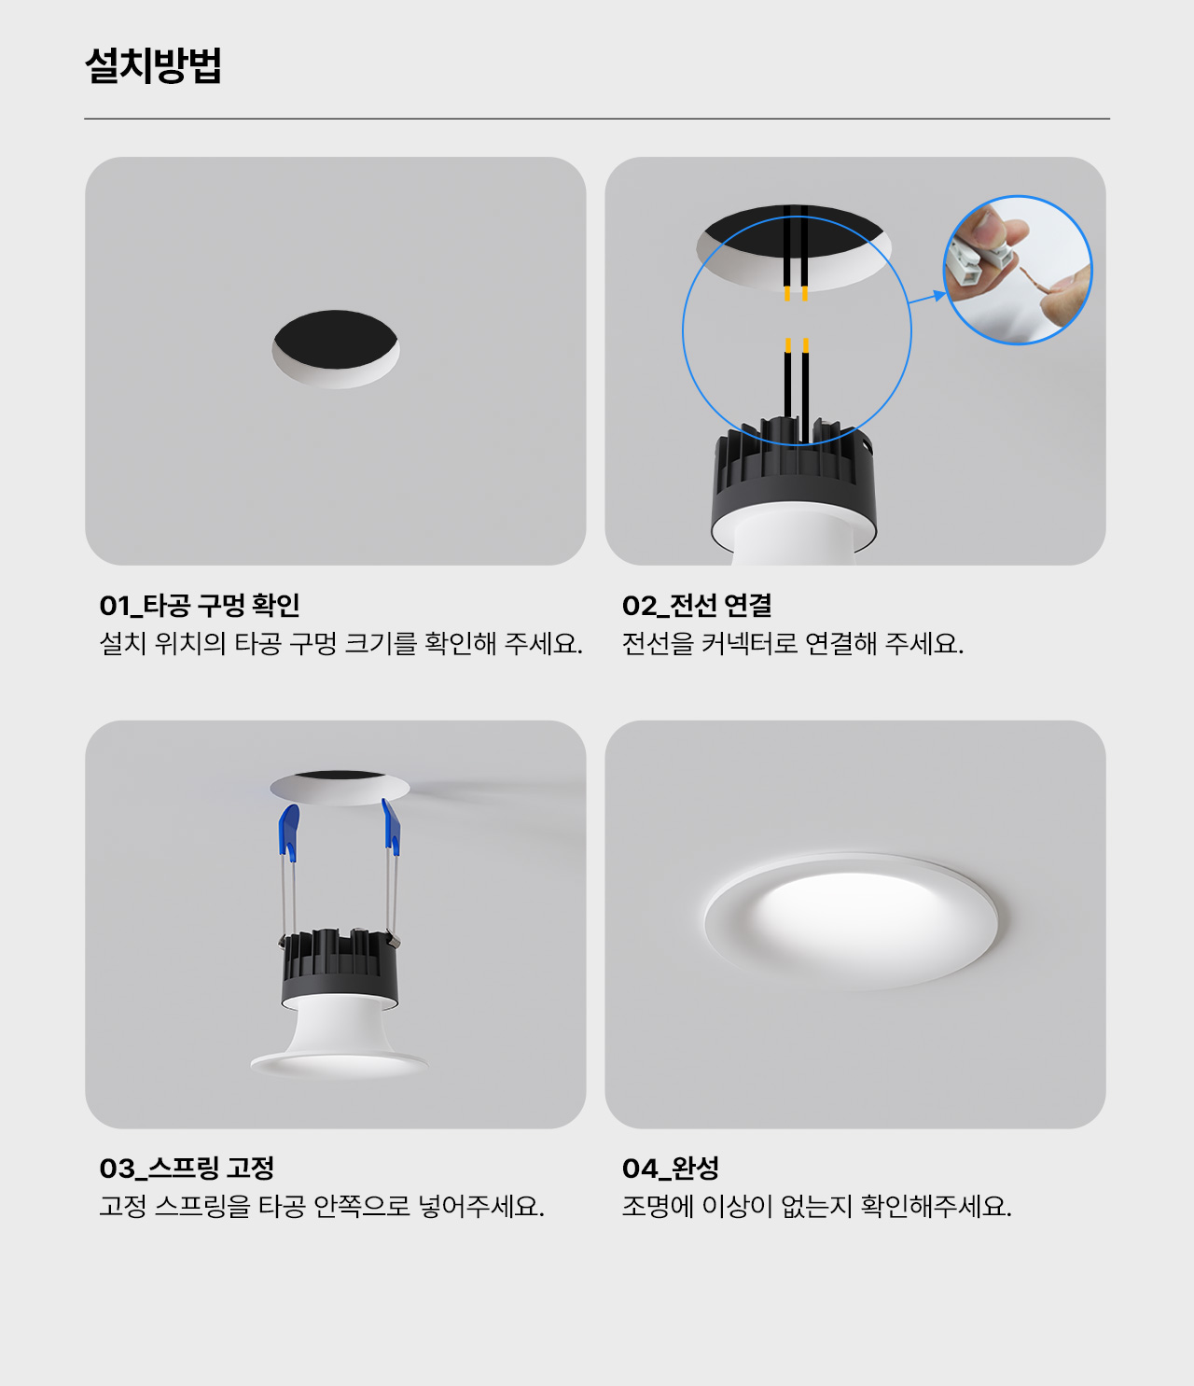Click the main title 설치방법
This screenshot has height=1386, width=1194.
[x=153, y=65]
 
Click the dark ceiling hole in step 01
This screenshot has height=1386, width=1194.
[x=336, y=340]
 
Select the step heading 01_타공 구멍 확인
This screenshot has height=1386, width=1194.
[x=199, y=606]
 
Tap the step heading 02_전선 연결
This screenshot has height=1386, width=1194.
[x=697, y=606]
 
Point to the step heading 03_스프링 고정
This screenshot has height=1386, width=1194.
[x=187, y=1169]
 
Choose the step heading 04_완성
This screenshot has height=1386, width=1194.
[x=670, y=1169]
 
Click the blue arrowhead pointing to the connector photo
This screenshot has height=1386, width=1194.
[x=939, y=295]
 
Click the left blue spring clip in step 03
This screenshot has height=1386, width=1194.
[x=289, y=833]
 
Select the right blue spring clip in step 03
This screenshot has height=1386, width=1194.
[x=391, y=827]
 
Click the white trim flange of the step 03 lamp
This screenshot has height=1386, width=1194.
[x=339, y=1064]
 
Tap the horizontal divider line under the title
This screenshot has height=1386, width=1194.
[x=596, y=119]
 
